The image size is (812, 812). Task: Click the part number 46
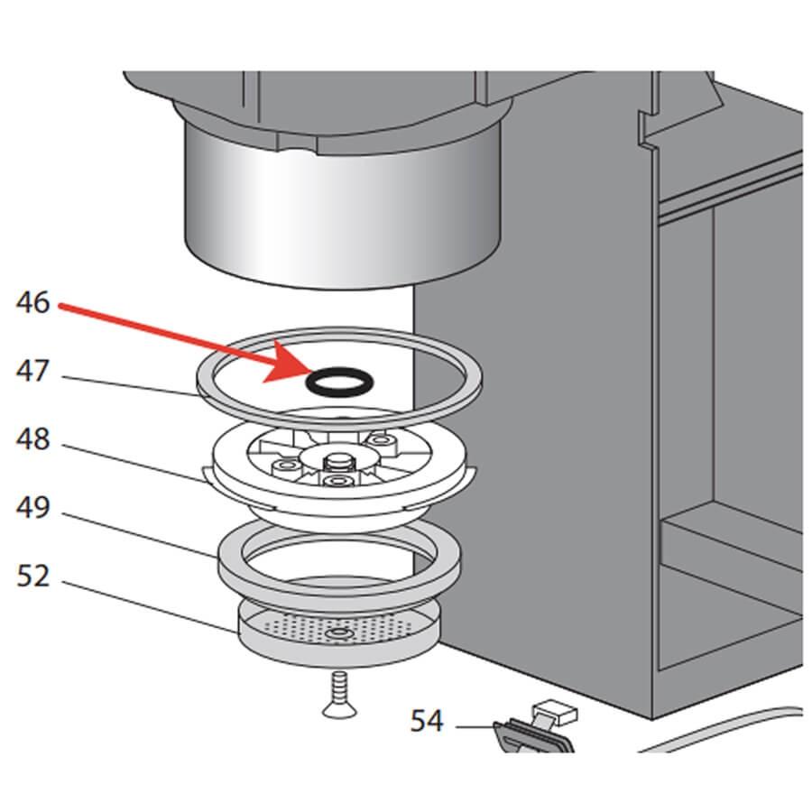(33, 303)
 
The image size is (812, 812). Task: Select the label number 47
(33, 371)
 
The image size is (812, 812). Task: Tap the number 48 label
(33, 440)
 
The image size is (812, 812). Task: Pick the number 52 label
(33, 576)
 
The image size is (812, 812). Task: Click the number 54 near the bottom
(427, 721)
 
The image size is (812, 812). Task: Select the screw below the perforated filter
(337, 697)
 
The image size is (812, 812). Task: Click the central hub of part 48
(337, 461)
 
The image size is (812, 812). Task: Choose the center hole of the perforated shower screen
(338, 636)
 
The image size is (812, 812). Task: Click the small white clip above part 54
(556, 713)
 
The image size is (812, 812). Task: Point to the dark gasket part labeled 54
(532, 735)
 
